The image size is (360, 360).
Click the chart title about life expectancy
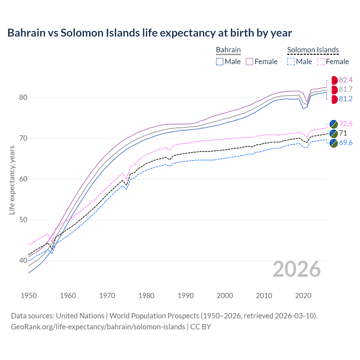[x=150, y=33]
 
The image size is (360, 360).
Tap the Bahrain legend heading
[x=228, y=50]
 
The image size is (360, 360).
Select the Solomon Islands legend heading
[x=313, y=50]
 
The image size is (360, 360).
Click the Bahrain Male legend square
[x=220, y=62]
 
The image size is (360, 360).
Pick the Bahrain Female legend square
[x=249, y=62]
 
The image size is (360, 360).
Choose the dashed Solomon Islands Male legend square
[x=291, y=62]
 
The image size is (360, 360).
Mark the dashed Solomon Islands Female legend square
[x=321, y=62]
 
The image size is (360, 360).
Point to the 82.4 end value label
[x=346, y=80]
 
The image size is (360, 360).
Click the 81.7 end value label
[x=346, y=89]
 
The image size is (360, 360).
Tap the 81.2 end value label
[x=346, y=99]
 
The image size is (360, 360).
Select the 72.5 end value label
[x=346, y=124]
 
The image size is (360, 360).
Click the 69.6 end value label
[x=346, y=143]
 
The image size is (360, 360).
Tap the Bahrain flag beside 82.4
[x=334, y=80]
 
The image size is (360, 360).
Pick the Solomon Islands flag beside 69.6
[x=334, y=143]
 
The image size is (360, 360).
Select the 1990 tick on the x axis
[x=186, y=296]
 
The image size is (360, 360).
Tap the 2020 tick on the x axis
[x=303, y=296]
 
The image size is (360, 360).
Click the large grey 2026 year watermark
[x=297, y=269]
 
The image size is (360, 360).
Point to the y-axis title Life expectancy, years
[x=12, y=180]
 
